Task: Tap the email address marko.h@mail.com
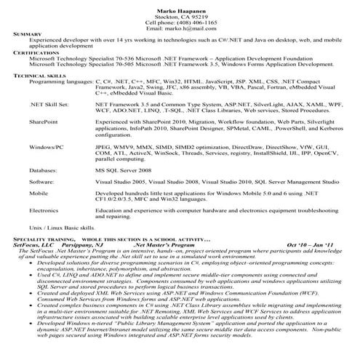pos(180,28)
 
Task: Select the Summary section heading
pos(28,35)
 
